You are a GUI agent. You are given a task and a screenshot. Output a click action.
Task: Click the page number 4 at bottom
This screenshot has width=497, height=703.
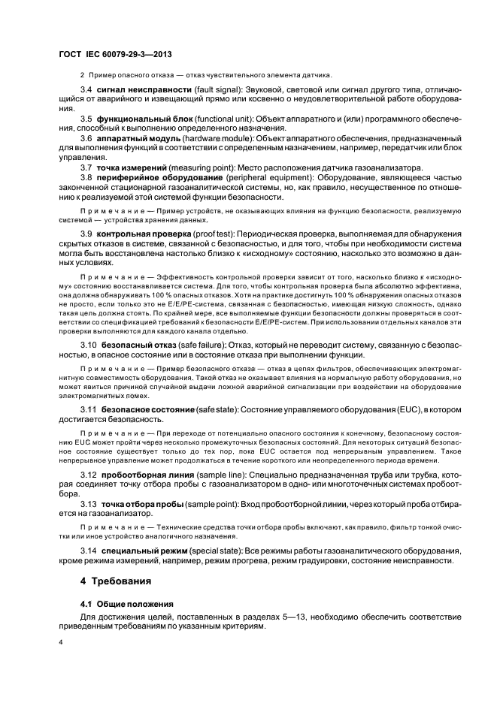point(62,644)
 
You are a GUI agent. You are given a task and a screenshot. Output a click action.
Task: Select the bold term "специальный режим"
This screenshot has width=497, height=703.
point(141,551)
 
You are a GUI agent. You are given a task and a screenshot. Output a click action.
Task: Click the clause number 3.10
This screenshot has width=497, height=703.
point(89,344)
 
